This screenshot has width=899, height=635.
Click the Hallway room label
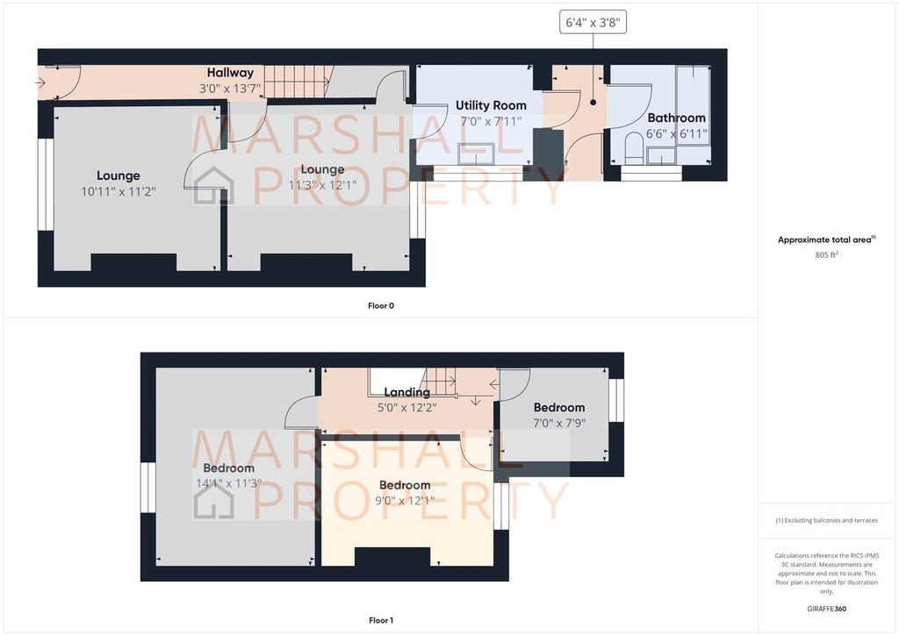click(230, 73)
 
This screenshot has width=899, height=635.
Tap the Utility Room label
click(491, 105)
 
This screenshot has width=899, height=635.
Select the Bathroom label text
click(677, 118)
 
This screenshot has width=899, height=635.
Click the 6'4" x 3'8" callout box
click(593, 23)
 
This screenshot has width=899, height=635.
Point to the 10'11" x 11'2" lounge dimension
click(119, 191)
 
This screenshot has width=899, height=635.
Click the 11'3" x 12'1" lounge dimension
click(322, 185)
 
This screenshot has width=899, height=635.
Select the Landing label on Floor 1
click(407, 392)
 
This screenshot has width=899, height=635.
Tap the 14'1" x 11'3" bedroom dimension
click(229, 483)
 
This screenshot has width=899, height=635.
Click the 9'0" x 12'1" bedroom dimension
click(405, 501)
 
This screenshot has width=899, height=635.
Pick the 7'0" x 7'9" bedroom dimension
click(559, 423)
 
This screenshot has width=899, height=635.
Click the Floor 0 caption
click(381, 306)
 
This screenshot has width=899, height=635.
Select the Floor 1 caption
click(381, 620)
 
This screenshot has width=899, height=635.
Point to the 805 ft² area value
click(826, 255)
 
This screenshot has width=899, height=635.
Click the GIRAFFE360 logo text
click(826, 609)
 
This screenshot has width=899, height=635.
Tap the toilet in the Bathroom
click(634, 148)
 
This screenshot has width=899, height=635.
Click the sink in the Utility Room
click(476, 153)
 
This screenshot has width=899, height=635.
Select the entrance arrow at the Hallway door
click(40, 83)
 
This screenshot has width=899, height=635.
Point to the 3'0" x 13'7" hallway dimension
click(230, 89)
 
